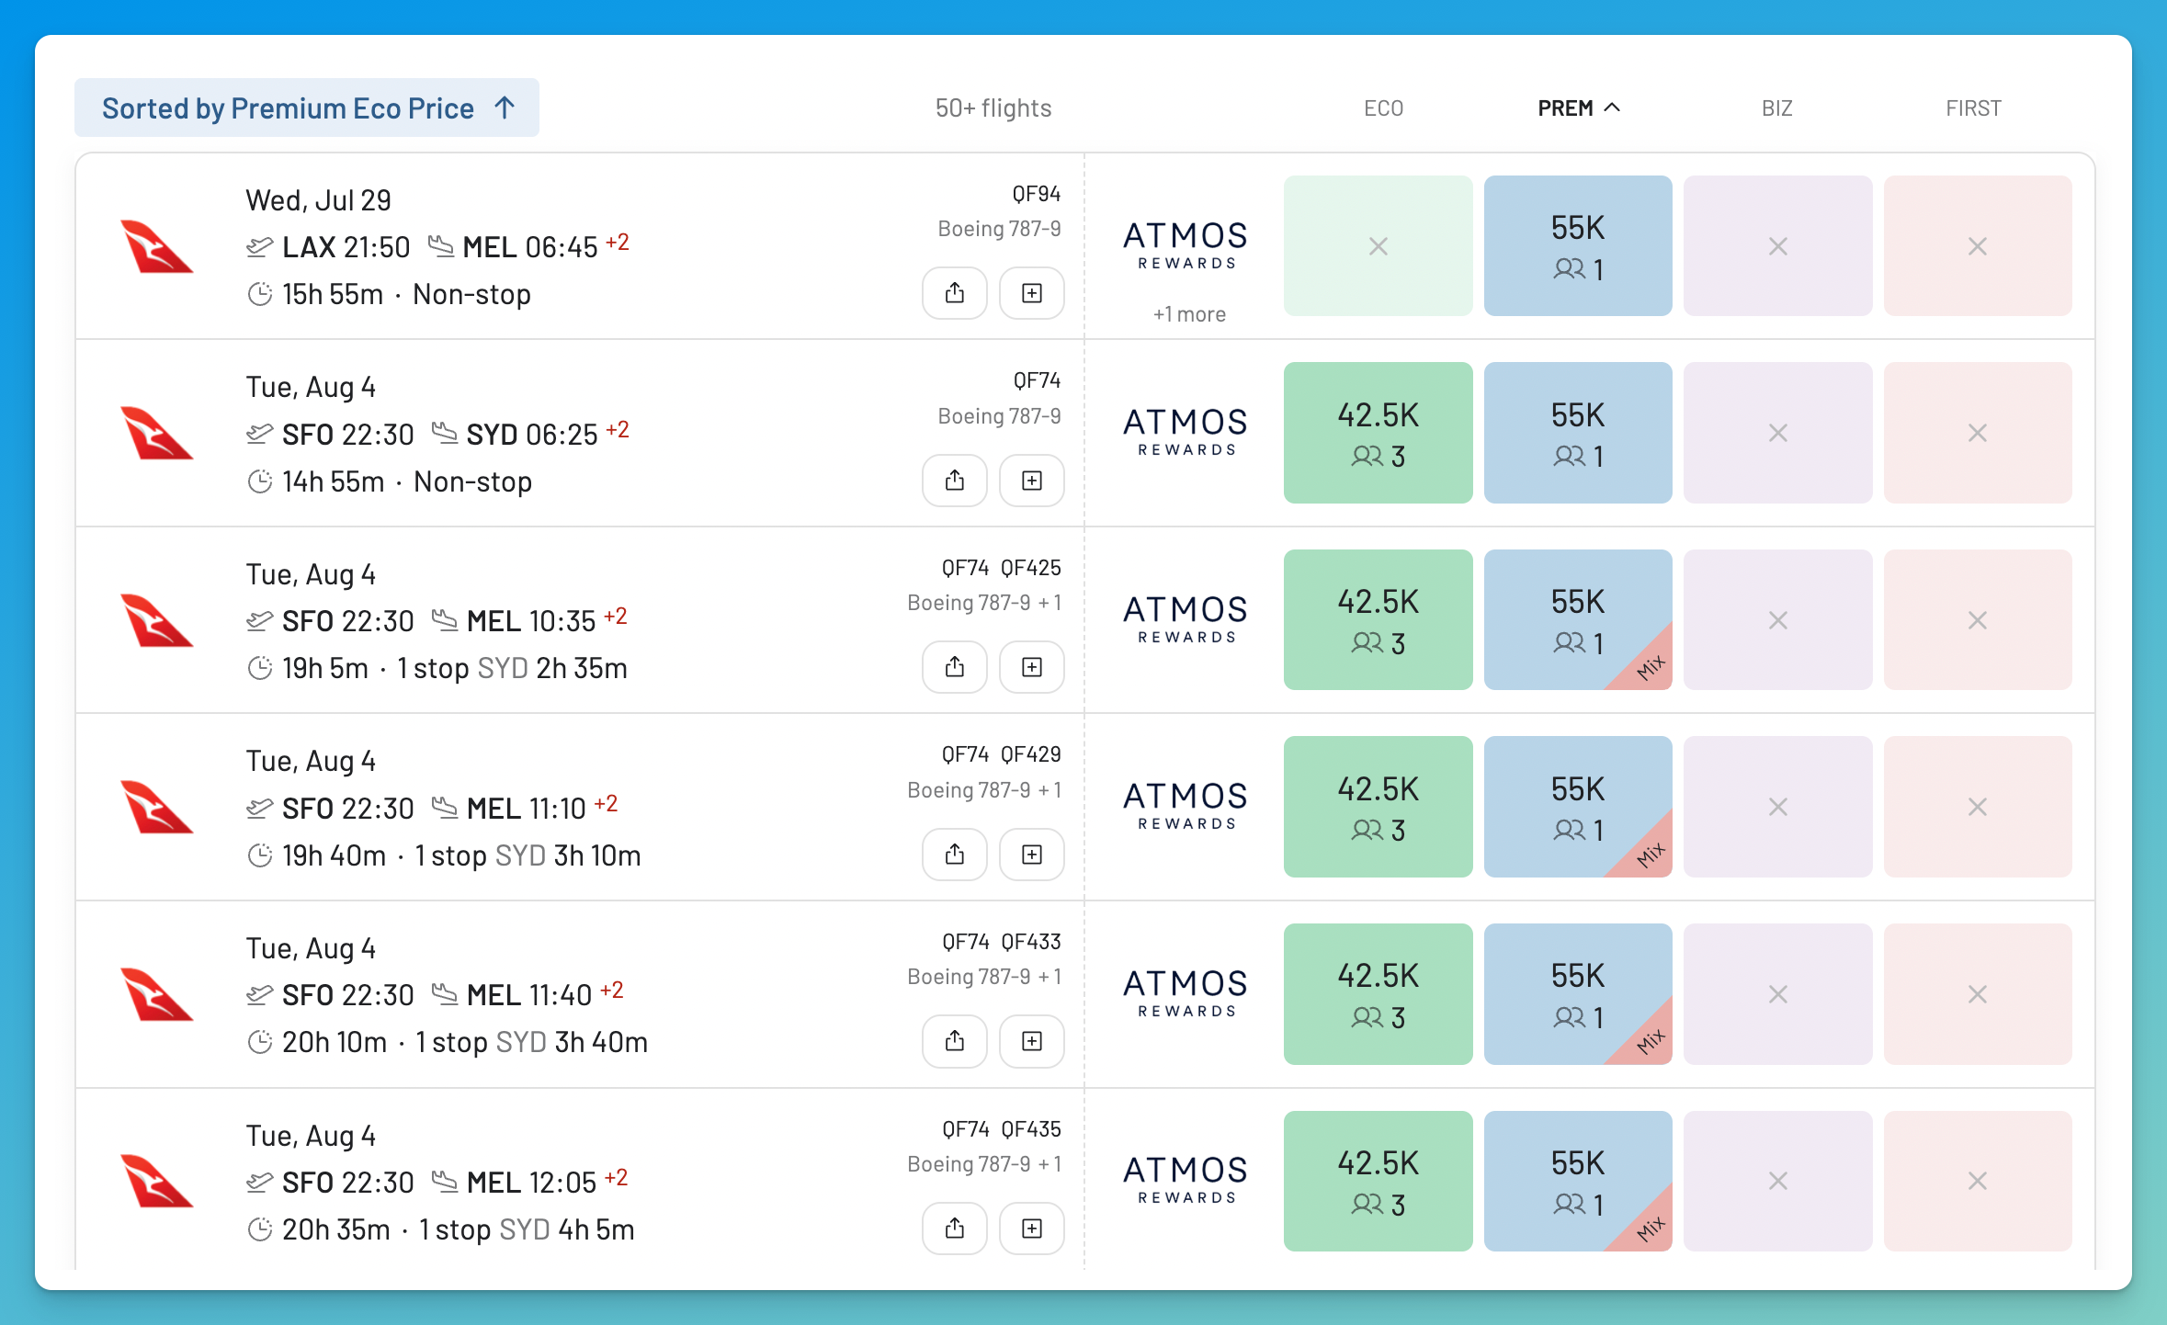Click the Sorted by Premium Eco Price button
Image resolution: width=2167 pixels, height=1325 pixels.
(307, 108)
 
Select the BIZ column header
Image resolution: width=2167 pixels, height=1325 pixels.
(1777, 108)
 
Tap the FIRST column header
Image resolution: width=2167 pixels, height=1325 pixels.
(1973, 108)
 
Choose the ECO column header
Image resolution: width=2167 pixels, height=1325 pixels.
(1383, 108)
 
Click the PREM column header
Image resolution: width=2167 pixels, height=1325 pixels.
(1578, 108)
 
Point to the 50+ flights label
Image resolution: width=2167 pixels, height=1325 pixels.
(993, 108)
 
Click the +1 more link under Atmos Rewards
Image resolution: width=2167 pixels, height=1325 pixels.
(1189, 314)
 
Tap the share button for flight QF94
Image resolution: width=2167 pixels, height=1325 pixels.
(955, 293)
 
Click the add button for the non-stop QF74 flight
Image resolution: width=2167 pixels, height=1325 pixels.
(1032, 481)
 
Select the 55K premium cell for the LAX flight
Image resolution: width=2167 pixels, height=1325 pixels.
(1578, 246)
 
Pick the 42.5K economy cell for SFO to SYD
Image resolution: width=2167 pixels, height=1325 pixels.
(1378, 433)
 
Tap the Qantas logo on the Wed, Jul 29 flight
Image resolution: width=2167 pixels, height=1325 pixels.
(157, 246)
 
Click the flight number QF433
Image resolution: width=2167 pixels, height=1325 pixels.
(1031, 942)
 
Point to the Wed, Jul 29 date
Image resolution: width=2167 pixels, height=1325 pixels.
(318, 200)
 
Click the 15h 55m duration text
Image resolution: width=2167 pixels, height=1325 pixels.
(333, 294)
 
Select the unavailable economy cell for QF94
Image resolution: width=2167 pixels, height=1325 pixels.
(1378, 246)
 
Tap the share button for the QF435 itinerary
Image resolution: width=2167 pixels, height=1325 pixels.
(955, 1229)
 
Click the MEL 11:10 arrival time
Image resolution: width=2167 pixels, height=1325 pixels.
(526, 809)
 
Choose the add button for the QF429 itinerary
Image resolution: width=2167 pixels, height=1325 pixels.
(1032, 855)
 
